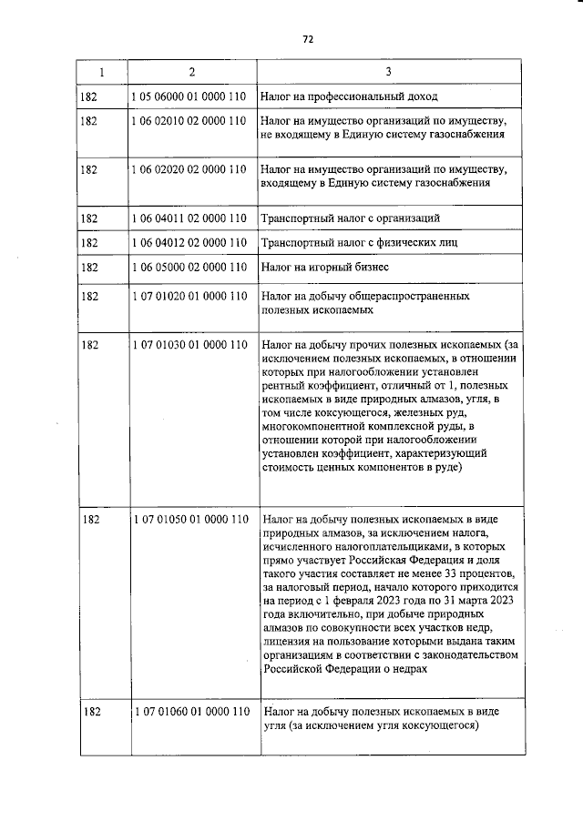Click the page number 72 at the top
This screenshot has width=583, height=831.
(308, 39)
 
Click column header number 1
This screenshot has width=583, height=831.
(101, 71)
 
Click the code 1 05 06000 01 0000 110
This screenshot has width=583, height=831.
(189, 96)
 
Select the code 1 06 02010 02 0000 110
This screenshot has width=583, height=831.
(189, 120)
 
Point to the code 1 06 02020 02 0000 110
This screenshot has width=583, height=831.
(189, 169)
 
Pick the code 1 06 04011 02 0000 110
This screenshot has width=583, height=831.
(189, 218)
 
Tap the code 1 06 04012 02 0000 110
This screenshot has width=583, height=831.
(189, 243)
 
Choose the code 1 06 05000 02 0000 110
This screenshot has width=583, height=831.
(189, 268)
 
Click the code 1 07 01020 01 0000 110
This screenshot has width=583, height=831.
(189, 297)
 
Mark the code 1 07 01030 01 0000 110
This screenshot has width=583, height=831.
(189, 346)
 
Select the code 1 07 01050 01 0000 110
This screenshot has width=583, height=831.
(189, 520)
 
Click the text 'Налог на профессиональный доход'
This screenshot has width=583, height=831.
(349, 96)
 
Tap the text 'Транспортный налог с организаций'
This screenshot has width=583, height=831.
(351, 218)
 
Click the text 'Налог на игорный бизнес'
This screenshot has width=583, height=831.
(324, 268)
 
